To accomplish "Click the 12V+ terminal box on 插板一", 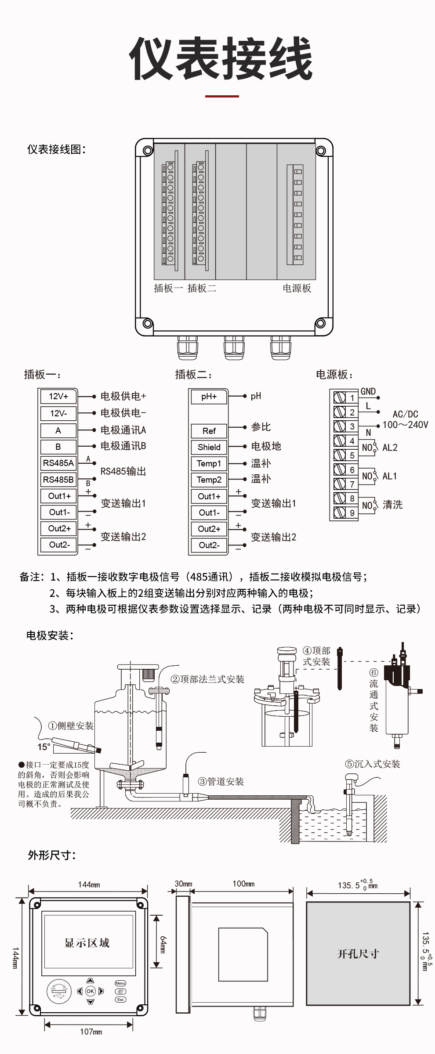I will [58, 397].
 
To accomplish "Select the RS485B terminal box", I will [58, 480].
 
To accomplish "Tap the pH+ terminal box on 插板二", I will [209, 397].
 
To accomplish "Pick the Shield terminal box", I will [209, 447].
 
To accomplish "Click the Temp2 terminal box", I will [209, 480].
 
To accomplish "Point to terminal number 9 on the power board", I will [352, 513].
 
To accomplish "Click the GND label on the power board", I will [368, 391].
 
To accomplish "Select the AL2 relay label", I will [390, 448].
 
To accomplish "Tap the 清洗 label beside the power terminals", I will [392, 505].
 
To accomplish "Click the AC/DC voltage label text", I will [405, 414].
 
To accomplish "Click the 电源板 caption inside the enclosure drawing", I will [297, 288].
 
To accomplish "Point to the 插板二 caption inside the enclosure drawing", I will [202, 288].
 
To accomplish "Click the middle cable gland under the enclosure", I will [234, 348].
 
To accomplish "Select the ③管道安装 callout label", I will [221, 781].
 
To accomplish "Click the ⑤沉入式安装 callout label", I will [372, 764].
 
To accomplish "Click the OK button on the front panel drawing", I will [90, 991].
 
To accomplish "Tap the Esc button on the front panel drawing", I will [120, 999].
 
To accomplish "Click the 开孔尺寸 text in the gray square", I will [358, 953].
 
